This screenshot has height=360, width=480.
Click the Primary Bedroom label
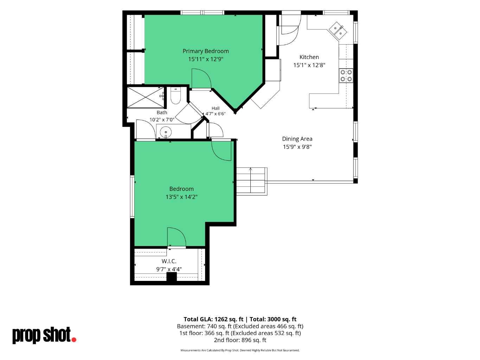(x=206, y=51)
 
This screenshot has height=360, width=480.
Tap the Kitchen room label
(x=309, y=57)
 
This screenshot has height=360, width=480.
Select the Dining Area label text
(x=297, y=139)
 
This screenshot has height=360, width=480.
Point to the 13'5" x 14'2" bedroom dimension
(x=181, y=197)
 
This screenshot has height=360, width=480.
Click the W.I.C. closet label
(x=169, y=261)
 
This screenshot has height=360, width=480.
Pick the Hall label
(x=216, y=108)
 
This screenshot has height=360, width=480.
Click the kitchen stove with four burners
(x=346, y=75)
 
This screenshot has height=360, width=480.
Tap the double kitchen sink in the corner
(x=338, y=31)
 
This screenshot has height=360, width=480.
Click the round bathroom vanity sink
(x=166, y=132)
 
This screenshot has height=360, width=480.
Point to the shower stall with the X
(x=145, y=97)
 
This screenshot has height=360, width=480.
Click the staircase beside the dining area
(x=252, y=181)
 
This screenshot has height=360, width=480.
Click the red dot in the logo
(x=74, y=340)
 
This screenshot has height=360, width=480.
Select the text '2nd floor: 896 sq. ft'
(x=240, y=340)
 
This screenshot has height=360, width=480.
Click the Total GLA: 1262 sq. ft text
(x=213, y=319)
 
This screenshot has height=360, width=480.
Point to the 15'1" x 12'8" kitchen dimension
(x=309, y=65)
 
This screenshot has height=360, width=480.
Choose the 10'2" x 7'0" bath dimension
(x=162, y=120)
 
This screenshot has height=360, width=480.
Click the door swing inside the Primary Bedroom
(x=201, y=79)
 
